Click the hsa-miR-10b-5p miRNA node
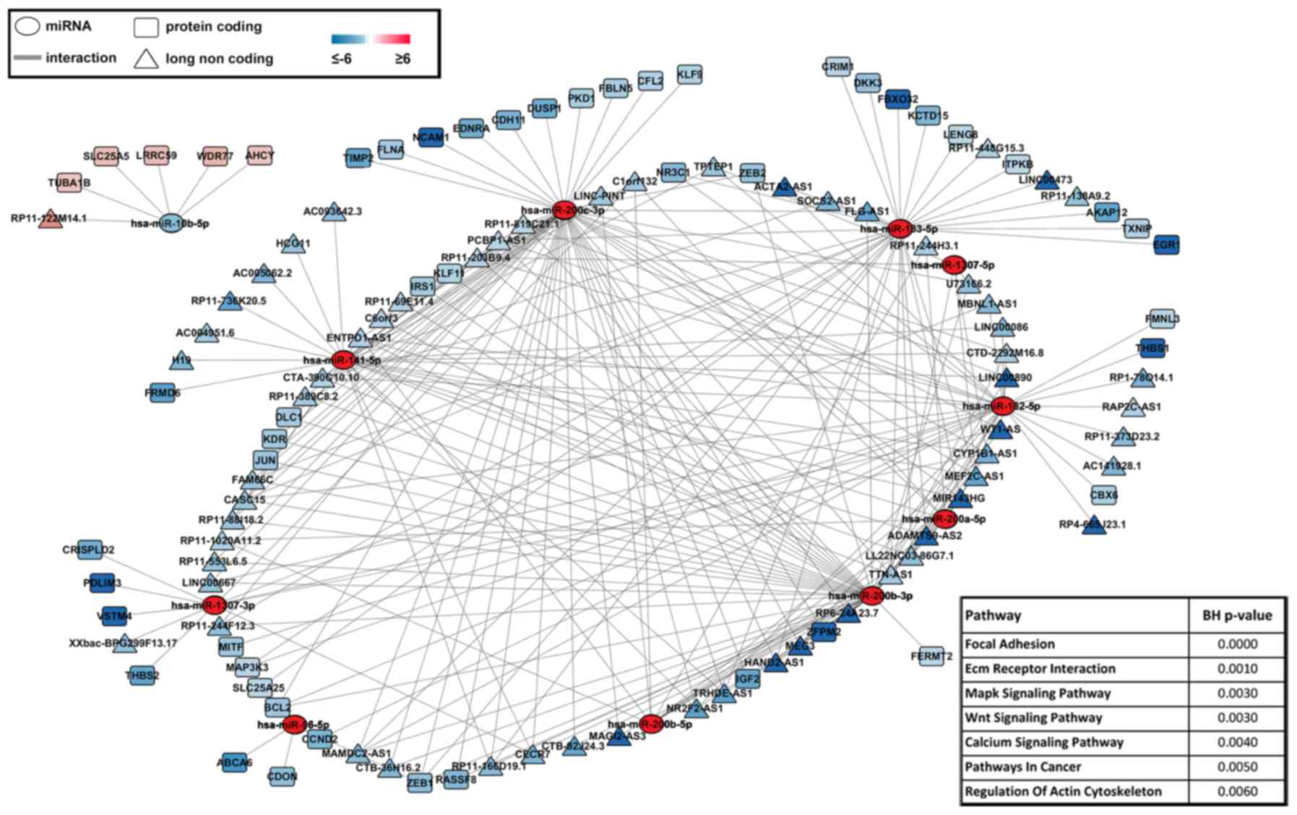(x=171, y=224)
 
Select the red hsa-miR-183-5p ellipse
(x=900, y=229)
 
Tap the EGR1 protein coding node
(x=1166, y=245)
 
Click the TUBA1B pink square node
(x=69, y=183)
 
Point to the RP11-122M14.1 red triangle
(x=49, y=219)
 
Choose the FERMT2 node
(x=931, y=656)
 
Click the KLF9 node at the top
(x=689, y=74)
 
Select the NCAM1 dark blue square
(x=430, y=137)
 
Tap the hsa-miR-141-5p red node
(x=342, y=359)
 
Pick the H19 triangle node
(x=181, y=359)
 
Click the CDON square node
(x=282, y=776)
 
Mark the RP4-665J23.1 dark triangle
(x=1094, y=525)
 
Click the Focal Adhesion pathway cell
(x=1009, y=644)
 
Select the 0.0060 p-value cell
(x=1237, y=791)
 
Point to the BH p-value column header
(x=1237, y=615)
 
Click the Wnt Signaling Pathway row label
(x=1033, y=717)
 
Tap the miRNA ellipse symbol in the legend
(x=27, y=27)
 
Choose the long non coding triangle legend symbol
(x=146, y=59)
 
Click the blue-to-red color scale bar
(x=371, y=39)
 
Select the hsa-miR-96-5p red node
(x=295, y=725)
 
